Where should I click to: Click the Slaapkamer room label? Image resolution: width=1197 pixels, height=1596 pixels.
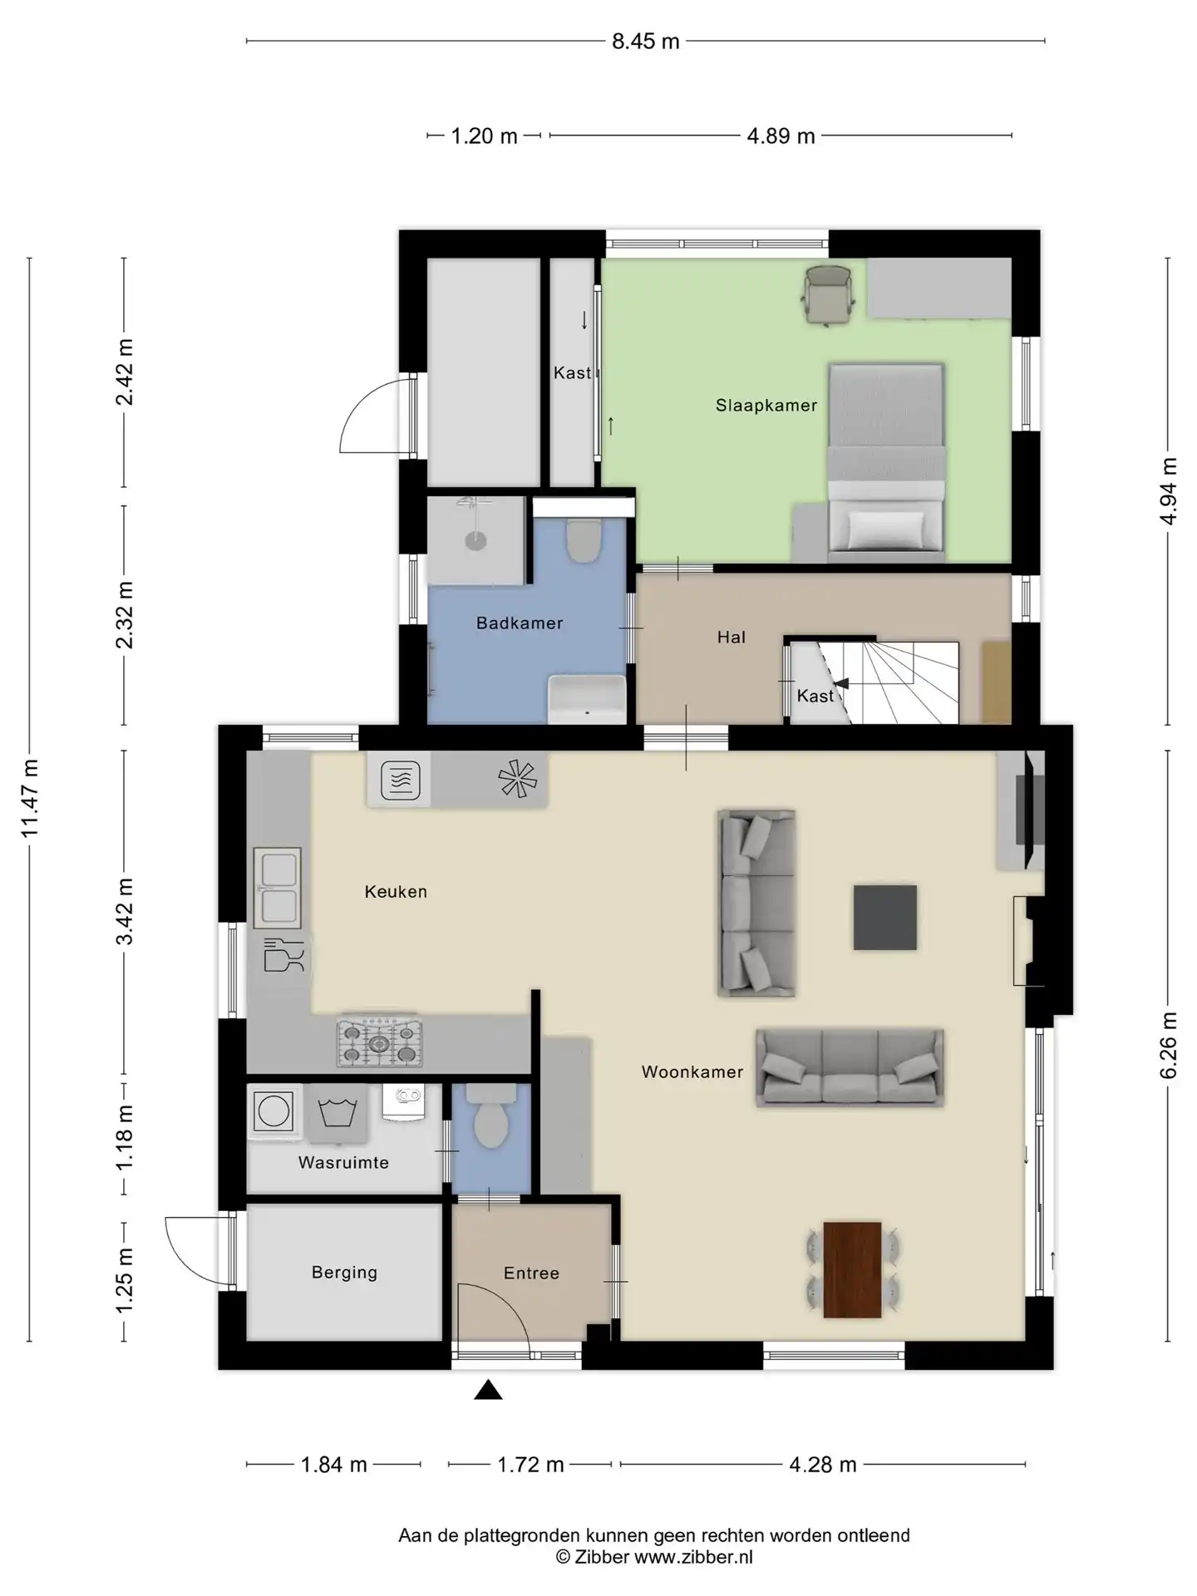tap(766, 406)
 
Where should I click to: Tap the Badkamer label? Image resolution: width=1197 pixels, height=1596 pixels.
tap(520, 623)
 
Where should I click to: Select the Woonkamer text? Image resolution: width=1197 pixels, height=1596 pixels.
tap(692, 1072)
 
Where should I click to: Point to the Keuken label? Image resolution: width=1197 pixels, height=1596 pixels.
tap(396, 892)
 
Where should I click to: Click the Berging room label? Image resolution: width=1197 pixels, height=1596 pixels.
tap(344, 1273)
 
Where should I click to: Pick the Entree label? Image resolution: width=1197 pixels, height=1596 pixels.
tap(531, 1273)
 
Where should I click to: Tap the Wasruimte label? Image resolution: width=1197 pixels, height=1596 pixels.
tap(343, 1163)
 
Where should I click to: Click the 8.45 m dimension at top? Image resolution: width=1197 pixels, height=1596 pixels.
tap(646, 42)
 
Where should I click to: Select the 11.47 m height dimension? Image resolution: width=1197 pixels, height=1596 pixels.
tap(30, 799)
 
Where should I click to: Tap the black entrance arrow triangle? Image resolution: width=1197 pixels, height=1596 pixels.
tap(489, 1390)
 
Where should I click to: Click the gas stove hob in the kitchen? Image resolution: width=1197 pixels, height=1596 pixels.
tap(379, 1042)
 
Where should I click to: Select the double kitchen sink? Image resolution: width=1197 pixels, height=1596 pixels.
tap(277, 888)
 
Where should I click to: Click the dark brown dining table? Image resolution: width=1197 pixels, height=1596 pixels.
tap(852, 1269)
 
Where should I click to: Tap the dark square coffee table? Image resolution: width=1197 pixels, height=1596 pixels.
tap(885, 917)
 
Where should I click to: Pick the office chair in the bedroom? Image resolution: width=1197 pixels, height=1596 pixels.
tap(829, 293)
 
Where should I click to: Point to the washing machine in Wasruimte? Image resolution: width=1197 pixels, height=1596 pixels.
tap(273, 1111)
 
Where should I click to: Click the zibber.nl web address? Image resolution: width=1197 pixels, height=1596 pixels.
tap(693, 1557)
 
